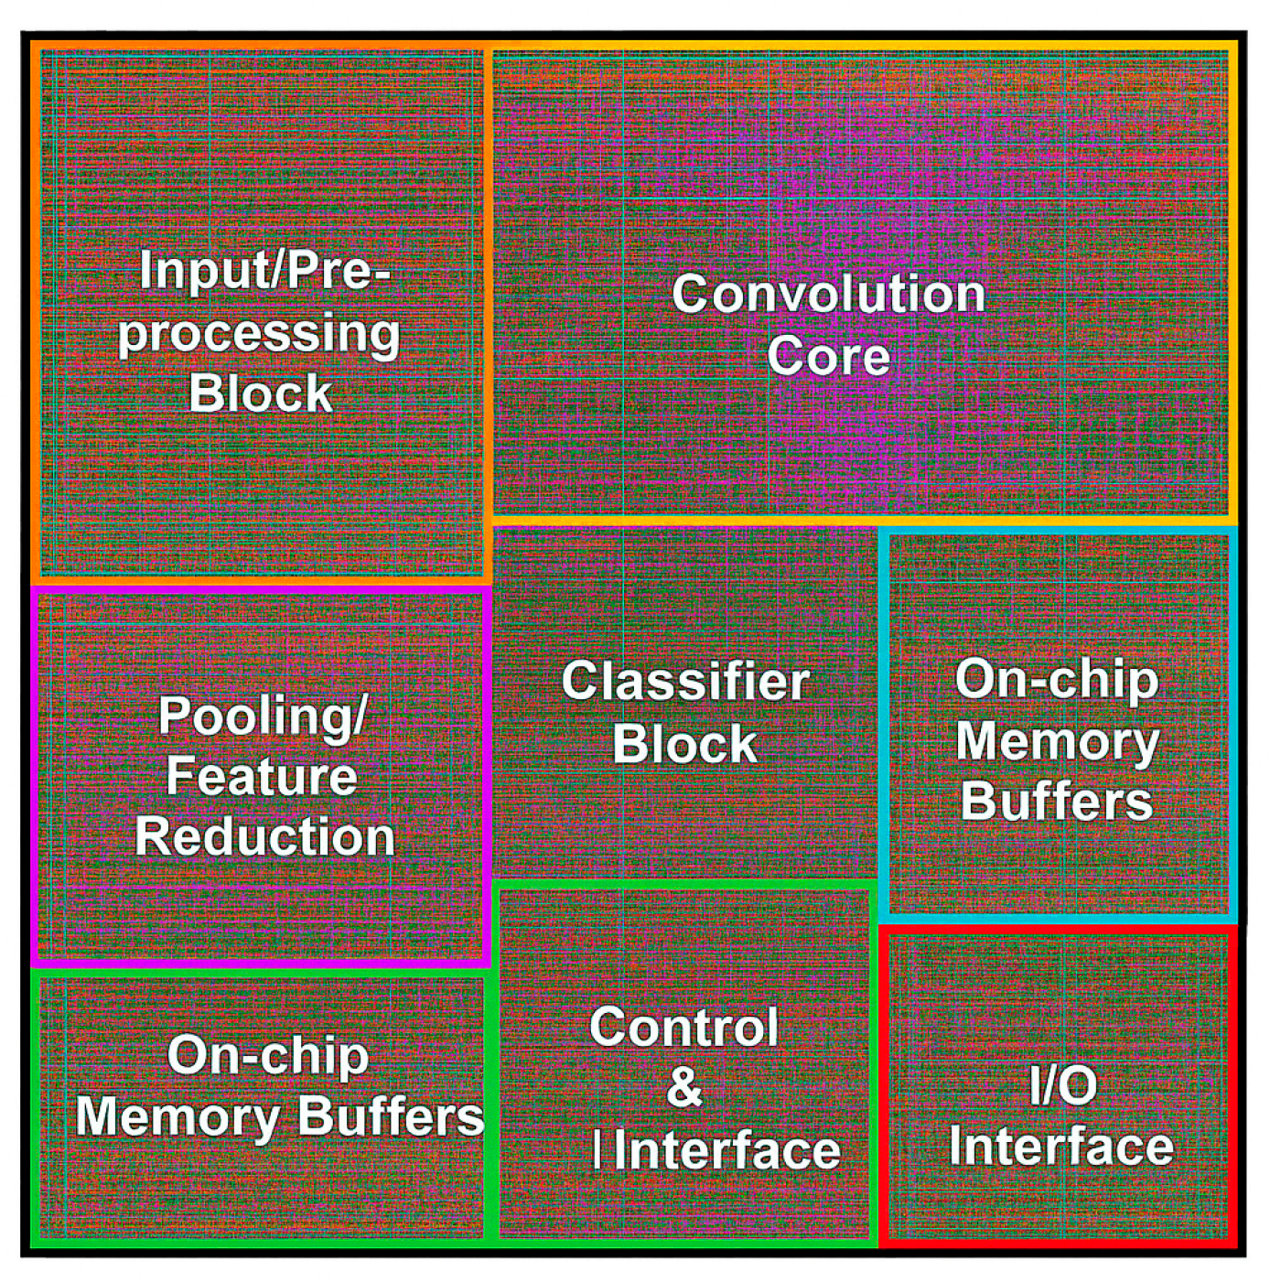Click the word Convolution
point(828,295)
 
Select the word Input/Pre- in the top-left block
point(264,271)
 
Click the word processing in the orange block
point(259,333)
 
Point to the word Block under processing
point(260,393)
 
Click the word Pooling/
point(263,715)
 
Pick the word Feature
point(262,776)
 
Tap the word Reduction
point(264,836)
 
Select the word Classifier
point(685,682)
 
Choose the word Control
point(684,1027)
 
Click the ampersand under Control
point(684,1087)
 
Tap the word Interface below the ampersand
point(726,1150)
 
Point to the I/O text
point(1062,1086)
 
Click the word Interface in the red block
point(1061,1146)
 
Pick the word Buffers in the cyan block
point(1057,801)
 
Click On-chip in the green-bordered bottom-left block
point(268,1056)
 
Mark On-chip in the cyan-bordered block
point(1057,679)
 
